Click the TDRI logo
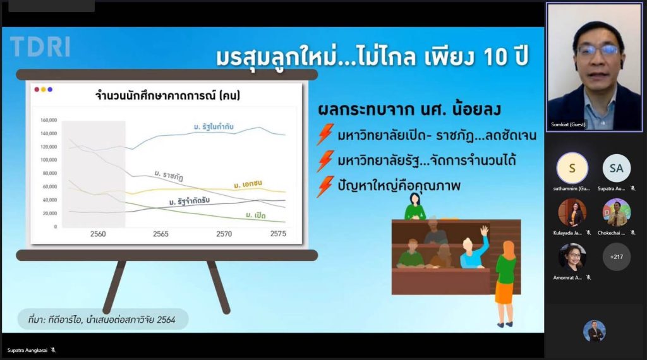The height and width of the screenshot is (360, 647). (40, 47)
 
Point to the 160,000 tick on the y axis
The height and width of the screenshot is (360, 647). (49, 120)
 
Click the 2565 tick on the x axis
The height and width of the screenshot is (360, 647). (160, 234)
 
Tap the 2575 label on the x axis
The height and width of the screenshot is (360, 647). (278, 234)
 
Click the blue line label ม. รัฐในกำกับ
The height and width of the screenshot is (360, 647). (214, 128)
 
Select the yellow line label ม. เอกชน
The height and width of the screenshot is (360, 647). (248, 184)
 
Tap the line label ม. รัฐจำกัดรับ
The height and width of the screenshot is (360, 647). (190, 201)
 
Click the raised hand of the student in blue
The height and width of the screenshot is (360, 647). (484, 231)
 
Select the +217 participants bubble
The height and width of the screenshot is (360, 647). (616, 257)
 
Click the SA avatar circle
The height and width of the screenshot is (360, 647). (616, 169)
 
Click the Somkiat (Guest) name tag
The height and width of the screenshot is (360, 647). (567, 124)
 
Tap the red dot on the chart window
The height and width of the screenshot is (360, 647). (37, 90)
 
